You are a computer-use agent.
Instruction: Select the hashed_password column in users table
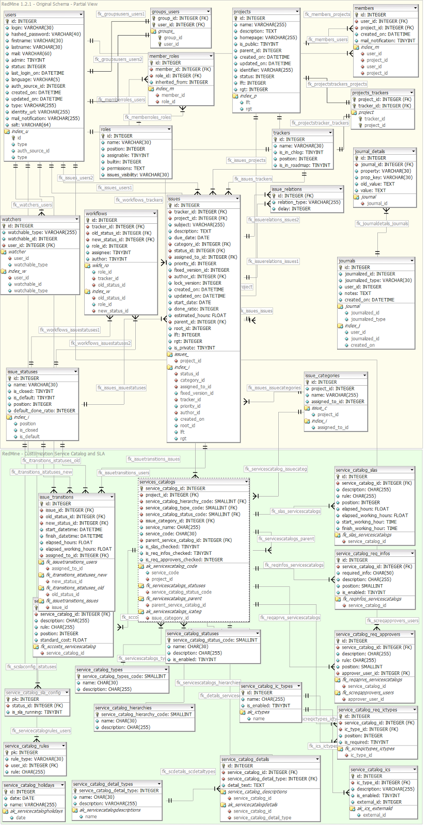click(x=46, y=34)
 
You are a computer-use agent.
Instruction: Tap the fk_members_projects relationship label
click(x=327, y=14)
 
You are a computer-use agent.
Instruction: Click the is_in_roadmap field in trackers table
click(x=305, y=166)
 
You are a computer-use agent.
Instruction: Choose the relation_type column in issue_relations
click(x=309, y=202)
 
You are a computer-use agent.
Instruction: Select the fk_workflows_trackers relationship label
click(x=139, y=200)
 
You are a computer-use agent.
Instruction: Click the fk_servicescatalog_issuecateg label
click(x=276, y=469)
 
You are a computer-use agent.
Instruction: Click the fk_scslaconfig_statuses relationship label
click(x=31, y=667)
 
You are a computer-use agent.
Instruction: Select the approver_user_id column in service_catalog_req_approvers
click(x=375, y=673)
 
